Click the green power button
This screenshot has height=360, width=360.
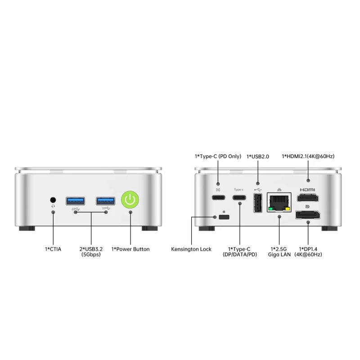coord(130,199)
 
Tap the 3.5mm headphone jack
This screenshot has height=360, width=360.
coord(53,200)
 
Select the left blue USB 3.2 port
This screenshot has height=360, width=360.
coord(75,201)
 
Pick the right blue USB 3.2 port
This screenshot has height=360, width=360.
coord(106,201)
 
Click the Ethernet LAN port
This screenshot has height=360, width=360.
coord(279,202)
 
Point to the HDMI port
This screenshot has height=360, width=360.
coord(308,198)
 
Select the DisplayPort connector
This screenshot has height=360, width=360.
coord(308,215)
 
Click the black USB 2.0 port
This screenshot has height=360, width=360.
coord(258,203)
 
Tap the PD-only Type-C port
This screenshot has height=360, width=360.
coord(218,198)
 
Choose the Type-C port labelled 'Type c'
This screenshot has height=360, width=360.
coord(239,198)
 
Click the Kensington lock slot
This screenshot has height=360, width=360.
coord(224,217)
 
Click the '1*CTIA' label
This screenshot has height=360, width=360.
coord(53,249)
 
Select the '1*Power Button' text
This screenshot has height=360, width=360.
coord(130,249)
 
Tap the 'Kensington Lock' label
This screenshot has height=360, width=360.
coord(191,249)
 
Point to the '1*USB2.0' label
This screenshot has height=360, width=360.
coord(257,157)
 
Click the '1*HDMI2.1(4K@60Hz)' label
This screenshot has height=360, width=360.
coord(308,156)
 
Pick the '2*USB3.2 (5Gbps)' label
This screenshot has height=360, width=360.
coord(91,252)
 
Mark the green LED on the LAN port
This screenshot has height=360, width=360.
coord(271,209)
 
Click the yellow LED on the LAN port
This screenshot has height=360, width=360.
coord(287,209)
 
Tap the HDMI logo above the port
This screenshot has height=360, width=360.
coord(307,189)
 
